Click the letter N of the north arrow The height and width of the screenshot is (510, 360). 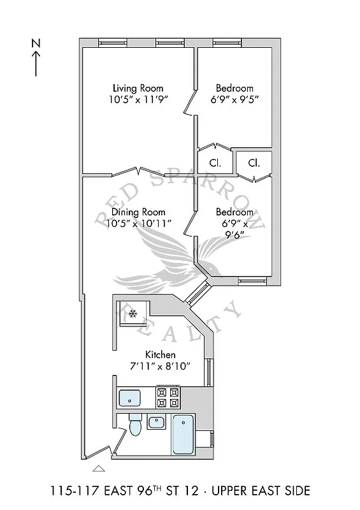tap(36, 43)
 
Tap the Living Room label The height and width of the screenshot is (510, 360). tap(138, 88)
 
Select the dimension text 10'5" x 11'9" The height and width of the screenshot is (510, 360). tap(138, 99)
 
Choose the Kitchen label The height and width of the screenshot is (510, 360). tap(161, 354)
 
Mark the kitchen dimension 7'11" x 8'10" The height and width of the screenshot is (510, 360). tap(161, 366)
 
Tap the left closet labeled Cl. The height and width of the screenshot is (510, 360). tap(215, 163)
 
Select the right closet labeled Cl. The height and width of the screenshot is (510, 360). tap(254, 163)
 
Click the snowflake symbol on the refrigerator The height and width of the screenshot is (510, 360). tap(133, 312)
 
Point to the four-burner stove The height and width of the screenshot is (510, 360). tap(169, 398)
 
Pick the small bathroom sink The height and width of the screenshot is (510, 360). tap(156, 422)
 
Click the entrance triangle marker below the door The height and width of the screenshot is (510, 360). tap(98, 469)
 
